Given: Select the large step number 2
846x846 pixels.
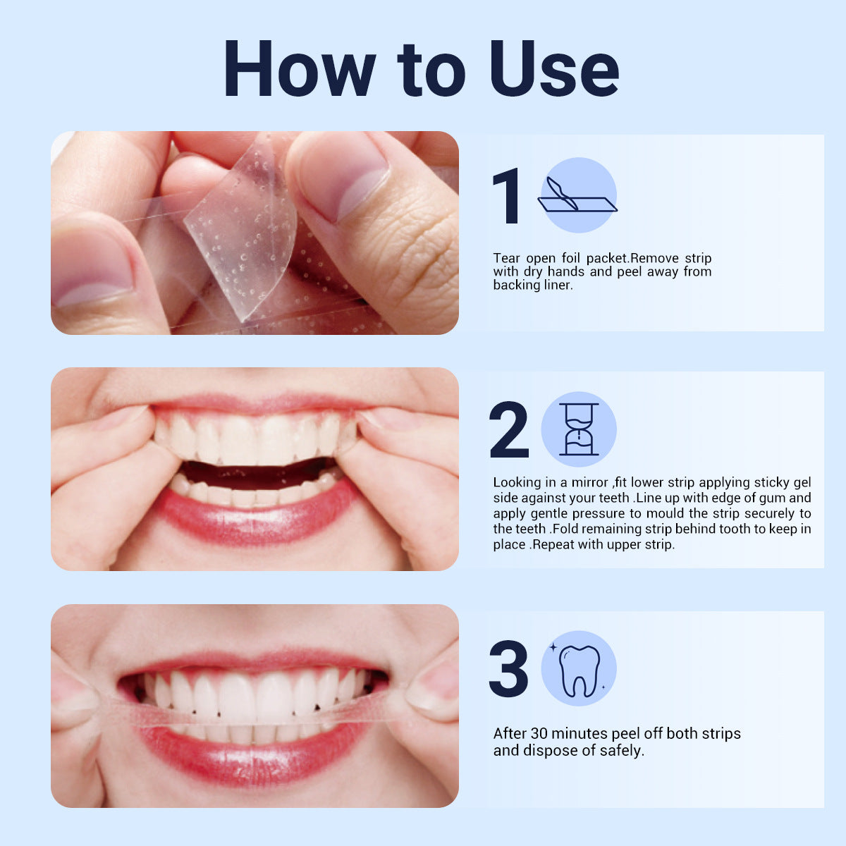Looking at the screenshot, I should (508, 430).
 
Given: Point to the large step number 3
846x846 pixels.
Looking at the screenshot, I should (508, 669).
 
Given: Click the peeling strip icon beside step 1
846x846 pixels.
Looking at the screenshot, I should (578, 195).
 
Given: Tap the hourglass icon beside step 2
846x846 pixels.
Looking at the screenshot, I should (579, 429).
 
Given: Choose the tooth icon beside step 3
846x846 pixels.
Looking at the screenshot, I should (579, 669).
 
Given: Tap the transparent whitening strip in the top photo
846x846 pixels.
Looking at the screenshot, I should (240, 233).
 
